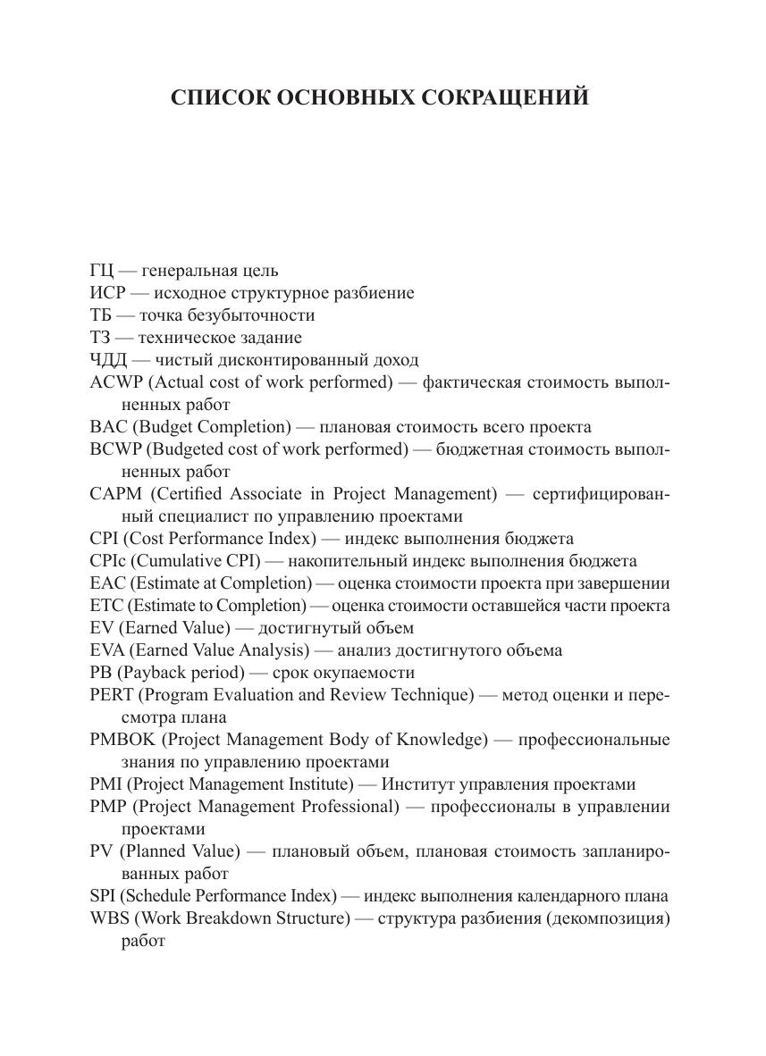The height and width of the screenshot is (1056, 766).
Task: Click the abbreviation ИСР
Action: [x=107, y=293]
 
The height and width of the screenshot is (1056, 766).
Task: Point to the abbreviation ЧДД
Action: [x=109, y=360]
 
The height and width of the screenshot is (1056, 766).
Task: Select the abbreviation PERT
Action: [x=112, y=695]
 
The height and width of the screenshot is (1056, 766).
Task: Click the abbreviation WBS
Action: [x=108, y=918]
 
